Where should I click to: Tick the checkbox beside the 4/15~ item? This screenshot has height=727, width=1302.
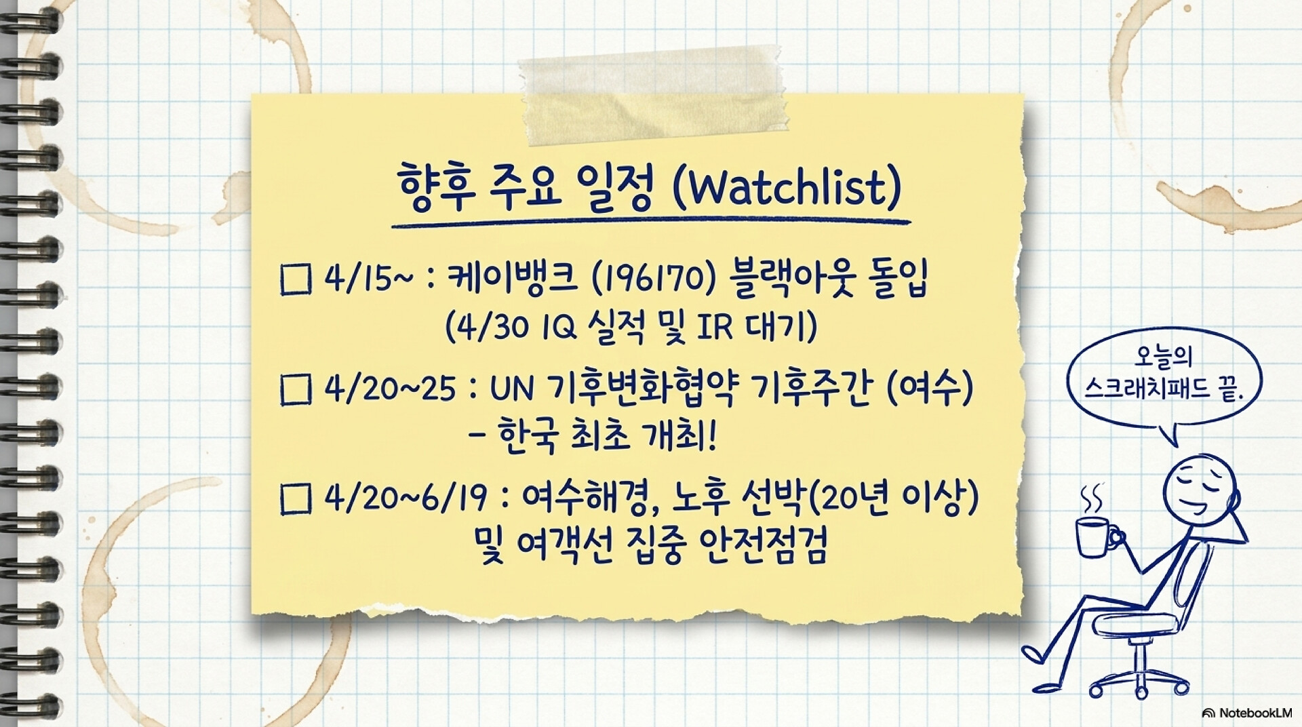click(296, 279)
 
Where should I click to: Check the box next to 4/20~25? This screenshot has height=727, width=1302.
click(296, 390)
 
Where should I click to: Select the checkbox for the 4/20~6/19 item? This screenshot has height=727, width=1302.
click(296, 499)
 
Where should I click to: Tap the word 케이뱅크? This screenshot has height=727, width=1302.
click(513, 279)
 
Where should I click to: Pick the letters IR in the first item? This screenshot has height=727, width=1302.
click(715, 328)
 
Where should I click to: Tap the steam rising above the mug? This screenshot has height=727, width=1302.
click(1091, 499)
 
